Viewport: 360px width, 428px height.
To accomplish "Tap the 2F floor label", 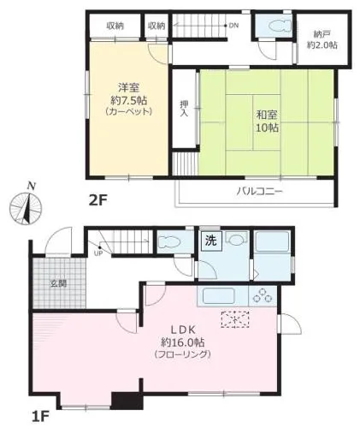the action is (97, 201).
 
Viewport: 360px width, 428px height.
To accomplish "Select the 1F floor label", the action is (40, 417).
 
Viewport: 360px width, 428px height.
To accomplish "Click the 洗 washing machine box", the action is (211, 241).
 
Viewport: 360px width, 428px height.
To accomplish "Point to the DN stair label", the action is (233, 26).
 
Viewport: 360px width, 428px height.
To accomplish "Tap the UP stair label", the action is (98, 253).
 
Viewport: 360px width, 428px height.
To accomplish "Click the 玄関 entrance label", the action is (59, 283).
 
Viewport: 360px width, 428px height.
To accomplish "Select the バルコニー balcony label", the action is (259, 191).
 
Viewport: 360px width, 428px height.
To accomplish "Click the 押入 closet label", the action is (184, 109).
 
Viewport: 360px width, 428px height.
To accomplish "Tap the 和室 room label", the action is (267, 115).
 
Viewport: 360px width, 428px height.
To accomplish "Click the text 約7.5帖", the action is (129, 100).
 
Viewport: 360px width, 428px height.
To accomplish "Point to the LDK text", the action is (183, 330).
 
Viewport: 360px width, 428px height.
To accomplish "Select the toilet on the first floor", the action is (169, 243).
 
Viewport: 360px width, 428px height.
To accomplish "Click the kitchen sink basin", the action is (218, 296).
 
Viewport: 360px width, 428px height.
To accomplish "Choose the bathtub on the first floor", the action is (272, 241).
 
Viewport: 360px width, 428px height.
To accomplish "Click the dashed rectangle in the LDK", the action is (235, 319).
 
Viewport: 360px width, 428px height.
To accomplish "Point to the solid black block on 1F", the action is (127, 401).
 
